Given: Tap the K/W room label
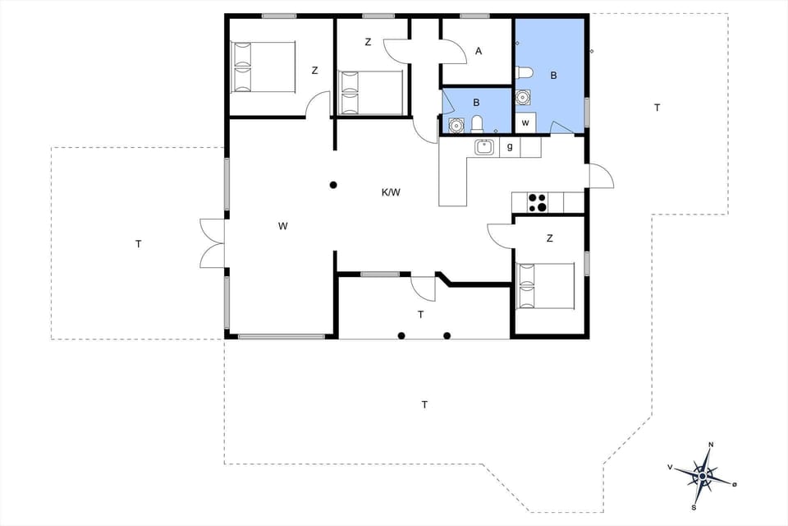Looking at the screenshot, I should (x=391, y=193).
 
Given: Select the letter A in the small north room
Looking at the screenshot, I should (x=479, y=51).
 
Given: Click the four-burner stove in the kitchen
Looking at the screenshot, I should (x=538, y=202).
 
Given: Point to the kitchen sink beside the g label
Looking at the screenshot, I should (x=484, y=147).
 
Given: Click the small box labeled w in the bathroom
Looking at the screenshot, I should (x=525, y=122).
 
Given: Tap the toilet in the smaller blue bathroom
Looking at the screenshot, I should (x=477, y=124).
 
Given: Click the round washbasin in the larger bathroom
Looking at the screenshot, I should (x=522, y=98).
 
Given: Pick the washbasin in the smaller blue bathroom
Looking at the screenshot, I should (x=456, y=126).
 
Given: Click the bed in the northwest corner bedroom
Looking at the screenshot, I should (x=263, y=67).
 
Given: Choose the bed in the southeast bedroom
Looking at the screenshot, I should (x=546, y=286).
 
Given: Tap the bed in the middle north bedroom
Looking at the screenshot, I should (x=372, y=92).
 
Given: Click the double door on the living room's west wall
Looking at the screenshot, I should (x=212, y=243).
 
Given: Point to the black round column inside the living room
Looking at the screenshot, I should (x=333, y=185).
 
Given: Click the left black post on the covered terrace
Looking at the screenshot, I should (x=401, y=335).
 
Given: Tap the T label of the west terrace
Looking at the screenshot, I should (x=139, y=244).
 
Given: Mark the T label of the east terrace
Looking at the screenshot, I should (x=657, y=108).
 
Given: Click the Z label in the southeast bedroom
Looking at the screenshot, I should (x=549, y=238).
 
